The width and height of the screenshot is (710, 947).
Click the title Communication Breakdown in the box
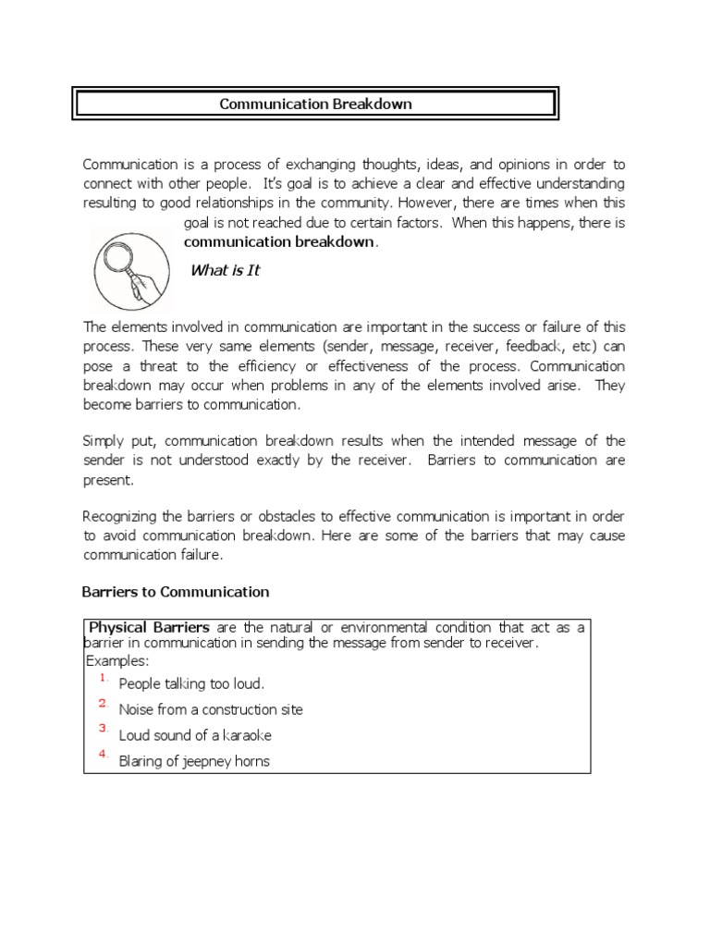coord(315,104)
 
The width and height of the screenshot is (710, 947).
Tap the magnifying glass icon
coord(132,267)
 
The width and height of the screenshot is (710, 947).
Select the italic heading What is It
coord(225,270)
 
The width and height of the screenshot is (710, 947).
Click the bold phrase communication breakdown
coord(280,242)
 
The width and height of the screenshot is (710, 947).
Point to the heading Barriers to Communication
coord(176,592)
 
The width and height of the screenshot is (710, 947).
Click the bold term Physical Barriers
coord(149,627)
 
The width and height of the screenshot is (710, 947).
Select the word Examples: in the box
coord(116,660)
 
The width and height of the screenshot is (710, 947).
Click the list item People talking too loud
coord(191,684)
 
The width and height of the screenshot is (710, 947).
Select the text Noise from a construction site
coord(211,710)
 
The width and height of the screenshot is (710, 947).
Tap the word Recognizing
coord(122,516)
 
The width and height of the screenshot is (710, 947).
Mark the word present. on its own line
coord(109,480)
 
